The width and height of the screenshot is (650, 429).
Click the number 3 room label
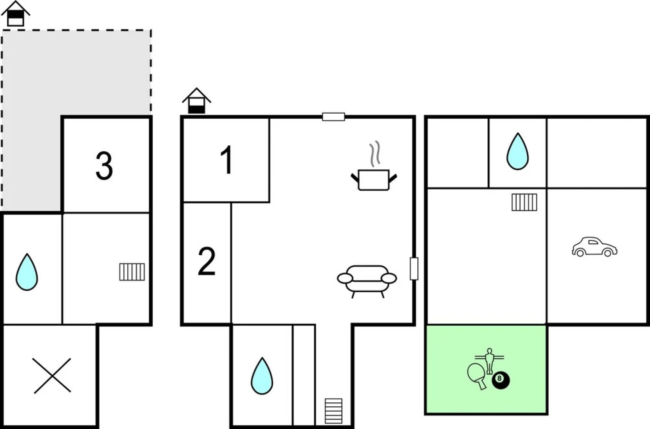coord(104,166)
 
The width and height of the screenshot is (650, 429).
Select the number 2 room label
coord(206,261)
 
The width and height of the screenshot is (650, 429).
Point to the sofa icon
coord(367,281)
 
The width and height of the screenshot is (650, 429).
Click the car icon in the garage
coord(594,247)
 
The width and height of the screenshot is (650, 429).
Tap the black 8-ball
coord(501,380)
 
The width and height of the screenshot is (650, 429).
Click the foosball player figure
coord(490,361)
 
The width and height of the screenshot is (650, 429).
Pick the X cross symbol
coord(52,376)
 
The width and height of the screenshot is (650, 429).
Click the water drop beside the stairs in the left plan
coord(27,272)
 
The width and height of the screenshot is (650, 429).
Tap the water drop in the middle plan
coord(262,376)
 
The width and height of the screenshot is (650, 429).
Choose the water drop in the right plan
coord(518,151)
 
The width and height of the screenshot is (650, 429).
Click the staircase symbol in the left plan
coord(132,272)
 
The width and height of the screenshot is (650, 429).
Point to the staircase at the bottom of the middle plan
coord(334,411)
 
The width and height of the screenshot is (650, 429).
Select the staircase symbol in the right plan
coord(524,202)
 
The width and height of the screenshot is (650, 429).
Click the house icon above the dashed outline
coord(16,14)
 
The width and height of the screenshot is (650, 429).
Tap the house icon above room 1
coord(197,100)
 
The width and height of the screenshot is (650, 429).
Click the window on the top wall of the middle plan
coord(334,117)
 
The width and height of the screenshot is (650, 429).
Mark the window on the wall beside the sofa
coord(414,269)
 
